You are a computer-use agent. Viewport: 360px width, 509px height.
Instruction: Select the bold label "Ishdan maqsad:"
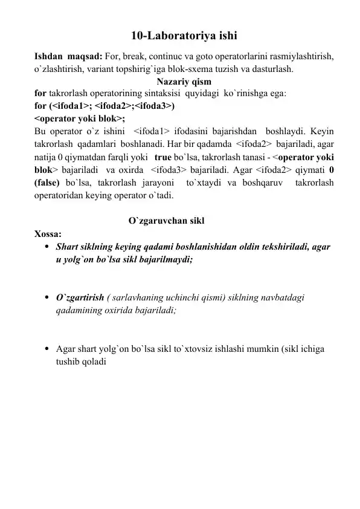tap(68, 56)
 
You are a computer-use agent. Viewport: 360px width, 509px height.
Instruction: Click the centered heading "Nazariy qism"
tap(184, 82)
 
